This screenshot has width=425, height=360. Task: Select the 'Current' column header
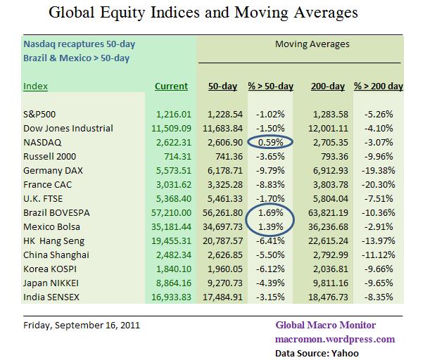point(171,86)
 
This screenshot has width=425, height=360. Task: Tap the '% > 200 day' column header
point(378,86)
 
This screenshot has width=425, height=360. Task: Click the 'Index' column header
point(36,86)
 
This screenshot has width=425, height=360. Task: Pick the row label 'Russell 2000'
point(49,155)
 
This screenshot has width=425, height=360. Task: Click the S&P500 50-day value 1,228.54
point(224,115)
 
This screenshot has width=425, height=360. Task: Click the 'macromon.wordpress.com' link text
point(335,338)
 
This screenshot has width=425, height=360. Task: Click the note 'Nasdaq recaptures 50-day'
point(79,44)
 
